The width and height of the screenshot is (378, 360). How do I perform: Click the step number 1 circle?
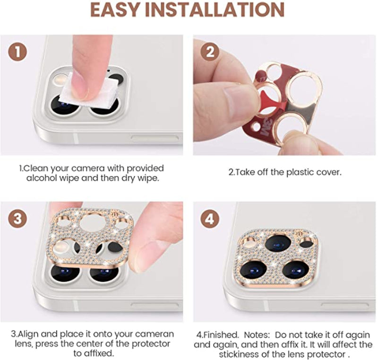17,52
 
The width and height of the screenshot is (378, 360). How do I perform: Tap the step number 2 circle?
210,52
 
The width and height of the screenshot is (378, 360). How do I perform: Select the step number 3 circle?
17,219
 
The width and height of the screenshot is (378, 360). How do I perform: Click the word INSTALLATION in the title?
215,10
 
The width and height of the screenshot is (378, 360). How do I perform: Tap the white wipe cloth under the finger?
89,89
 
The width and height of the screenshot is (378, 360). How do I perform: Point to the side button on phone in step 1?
155,138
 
